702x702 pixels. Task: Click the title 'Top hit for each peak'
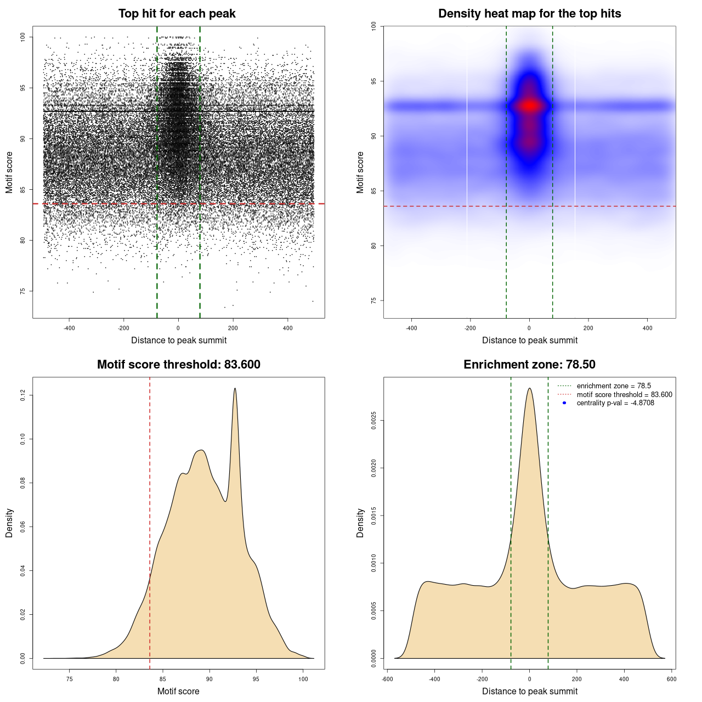(177, 14)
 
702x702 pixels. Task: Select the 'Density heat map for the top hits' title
(529, 14)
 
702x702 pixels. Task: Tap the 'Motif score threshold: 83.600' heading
(178, 365)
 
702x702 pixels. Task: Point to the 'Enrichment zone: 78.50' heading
(529, 365)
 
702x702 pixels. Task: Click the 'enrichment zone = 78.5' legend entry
(614, 386)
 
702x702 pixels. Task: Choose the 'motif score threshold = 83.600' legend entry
(624, 394)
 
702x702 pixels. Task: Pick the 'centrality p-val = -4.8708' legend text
(615, 403)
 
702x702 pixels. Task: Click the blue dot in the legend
(564, 403)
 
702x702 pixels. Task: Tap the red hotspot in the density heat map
(529, 105)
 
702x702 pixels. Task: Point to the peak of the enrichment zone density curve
(529, 388)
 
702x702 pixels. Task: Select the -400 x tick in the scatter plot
(69, 328)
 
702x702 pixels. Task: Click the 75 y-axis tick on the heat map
(373, 301)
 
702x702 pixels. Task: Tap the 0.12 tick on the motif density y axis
(22, 395)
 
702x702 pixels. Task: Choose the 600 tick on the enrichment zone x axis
(671, 679)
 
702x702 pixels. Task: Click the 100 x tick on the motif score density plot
(303, 679)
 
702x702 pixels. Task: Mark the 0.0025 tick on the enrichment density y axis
(373, 421)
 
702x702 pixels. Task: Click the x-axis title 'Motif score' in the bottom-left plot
(178, 691)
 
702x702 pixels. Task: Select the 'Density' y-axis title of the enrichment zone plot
(360, 523)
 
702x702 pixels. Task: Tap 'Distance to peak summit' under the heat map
(529, 340)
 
